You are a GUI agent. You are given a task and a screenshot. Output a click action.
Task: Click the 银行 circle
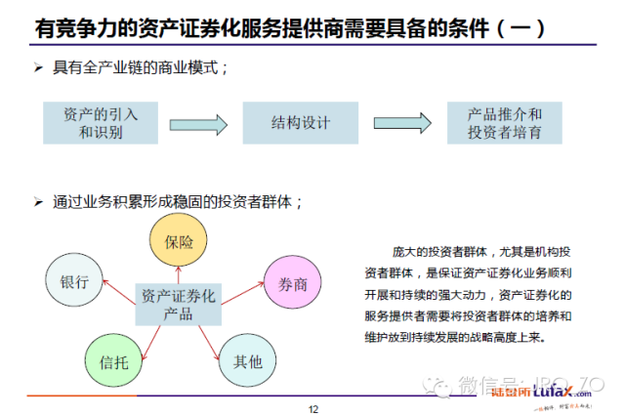coord(73,282)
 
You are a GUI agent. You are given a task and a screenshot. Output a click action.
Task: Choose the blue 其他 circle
coord(247,360)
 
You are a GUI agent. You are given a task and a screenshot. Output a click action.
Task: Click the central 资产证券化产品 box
coord(178,304)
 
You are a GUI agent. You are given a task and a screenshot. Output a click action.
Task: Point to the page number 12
coord(313,408)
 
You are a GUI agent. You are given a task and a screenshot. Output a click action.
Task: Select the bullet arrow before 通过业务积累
coord(37,202)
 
